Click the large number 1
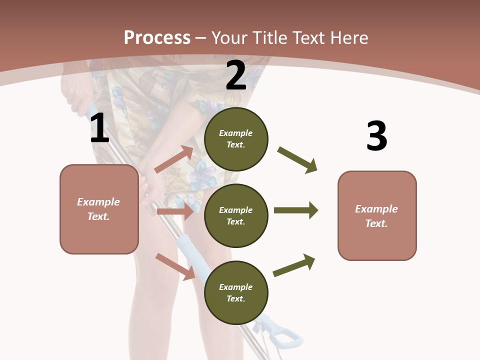click(x=99, y=128)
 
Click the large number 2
click(x=236, y=75)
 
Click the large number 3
click(x=376, y=136)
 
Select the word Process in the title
click(x=157, y=37)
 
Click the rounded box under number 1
click(x=99, y=209)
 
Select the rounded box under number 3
click(x=377, y=216)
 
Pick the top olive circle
click(x=236, y=139)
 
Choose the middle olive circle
click(x=236, y=215)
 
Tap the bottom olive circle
click(x=236, y=292)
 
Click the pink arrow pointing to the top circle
click(x=174, y=159)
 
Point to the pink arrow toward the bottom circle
click(x=175, y=266)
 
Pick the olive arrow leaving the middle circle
click(x=295, y=210)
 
